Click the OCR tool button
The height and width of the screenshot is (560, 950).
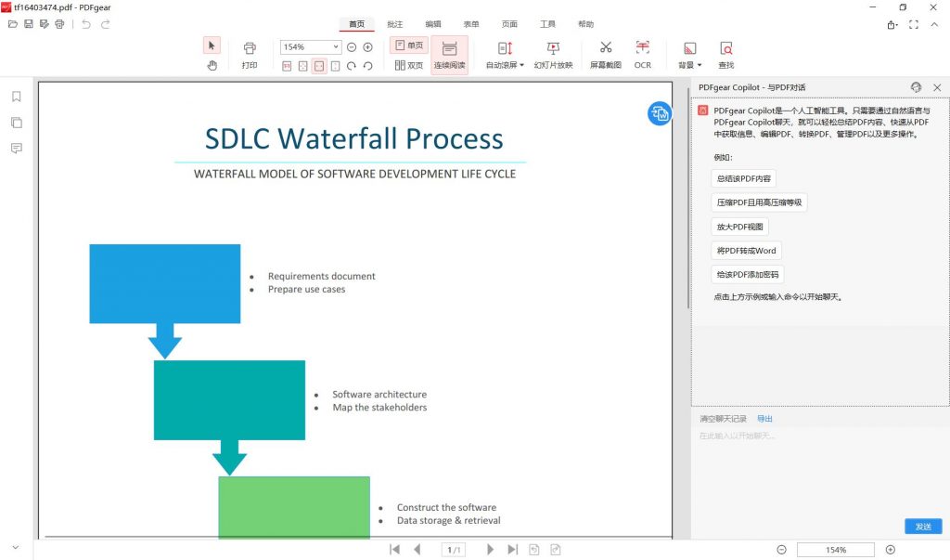point(642,54)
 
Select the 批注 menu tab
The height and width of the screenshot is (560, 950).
point(395,24)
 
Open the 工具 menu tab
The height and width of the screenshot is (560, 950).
point(547,24)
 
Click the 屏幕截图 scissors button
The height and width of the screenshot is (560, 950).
point(605,54)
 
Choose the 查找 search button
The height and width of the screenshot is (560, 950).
point(725,54)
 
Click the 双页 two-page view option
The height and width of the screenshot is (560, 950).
point(409,65)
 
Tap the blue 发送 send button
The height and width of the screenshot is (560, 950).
point(923,526)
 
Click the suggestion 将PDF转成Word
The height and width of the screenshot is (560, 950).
point(746,251)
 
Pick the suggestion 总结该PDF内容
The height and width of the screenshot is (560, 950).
point(743,178)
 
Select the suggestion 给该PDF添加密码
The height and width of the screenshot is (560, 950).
point(747,274)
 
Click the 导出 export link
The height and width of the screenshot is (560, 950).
point(764,419)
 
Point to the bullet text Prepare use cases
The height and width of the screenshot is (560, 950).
point(306,290)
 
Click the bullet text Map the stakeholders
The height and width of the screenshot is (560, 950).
point(379,407)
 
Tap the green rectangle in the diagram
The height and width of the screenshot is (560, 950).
point(294,507)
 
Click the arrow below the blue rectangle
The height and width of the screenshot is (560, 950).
point(165,341)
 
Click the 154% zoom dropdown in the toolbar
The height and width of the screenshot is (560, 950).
point(310,46)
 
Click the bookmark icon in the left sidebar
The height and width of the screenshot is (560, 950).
point(17,97)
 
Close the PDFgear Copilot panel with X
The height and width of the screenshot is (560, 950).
point(937,87)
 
